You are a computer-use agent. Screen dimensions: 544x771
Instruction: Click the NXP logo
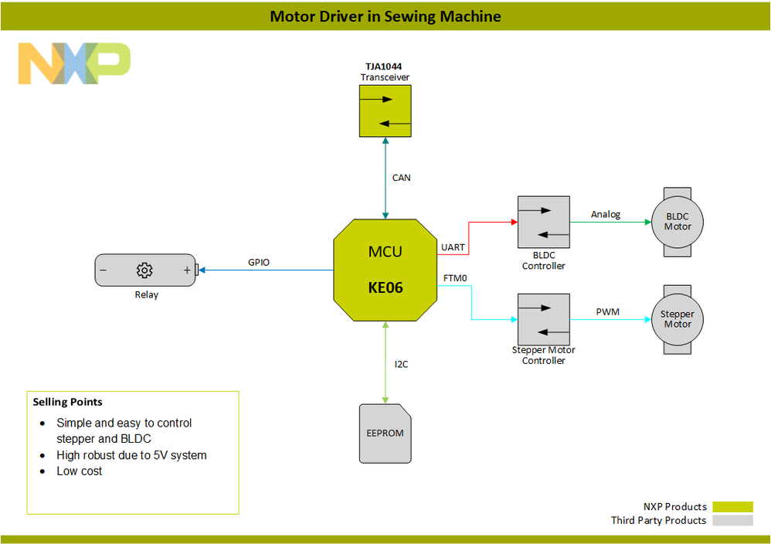tap(74, 63)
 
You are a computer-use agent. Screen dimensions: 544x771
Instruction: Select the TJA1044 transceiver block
tap(385, 110)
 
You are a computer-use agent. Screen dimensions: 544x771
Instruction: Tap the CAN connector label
tap(402, 178)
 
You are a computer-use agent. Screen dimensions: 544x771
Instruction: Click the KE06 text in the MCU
tap(385, 288)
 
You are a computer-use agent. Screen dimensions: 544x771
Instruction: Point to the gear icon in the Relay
tap(144, 270)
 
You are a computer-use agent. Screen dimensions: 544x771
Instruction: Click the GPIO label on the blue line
tap(259, 263)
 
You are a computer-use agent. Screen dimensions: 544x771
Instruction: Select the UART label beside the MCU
tap(453, 247)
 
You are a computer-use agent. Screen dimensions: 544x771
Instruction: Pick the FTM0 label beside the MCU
tap(455, 277)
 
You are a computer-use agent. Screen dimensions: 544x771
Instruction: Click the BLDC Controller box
tap(543, 223)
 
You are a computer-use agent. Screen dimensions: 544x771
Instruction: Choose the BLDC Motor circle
tap(678, 222)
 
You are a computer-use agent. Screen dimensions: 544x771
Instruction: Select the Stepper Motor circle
tap(678, 319)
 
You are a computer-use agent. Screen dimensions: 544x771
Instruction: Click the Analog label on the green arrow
tap(606, 214)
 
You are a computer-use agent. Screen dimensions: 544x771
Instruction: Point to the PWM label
tap(607, 311)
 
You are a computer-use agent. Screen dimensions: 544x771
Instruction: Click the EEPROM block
tap(385, 433)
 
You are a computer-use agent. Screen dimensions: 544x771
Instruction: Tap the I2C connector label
tap(402, 364)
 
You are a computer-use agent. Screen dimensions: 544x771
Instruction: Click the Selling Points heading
tap(67, 402)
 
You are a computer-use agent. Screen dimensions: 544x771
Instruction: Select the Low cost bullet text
tap(80, 471)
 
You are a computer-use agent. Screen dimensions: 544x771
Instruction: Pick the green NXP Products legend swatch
tap(732, 507)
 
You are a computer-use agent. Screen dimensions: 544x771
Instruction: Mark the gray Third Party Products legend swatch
tap(732, 521)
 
